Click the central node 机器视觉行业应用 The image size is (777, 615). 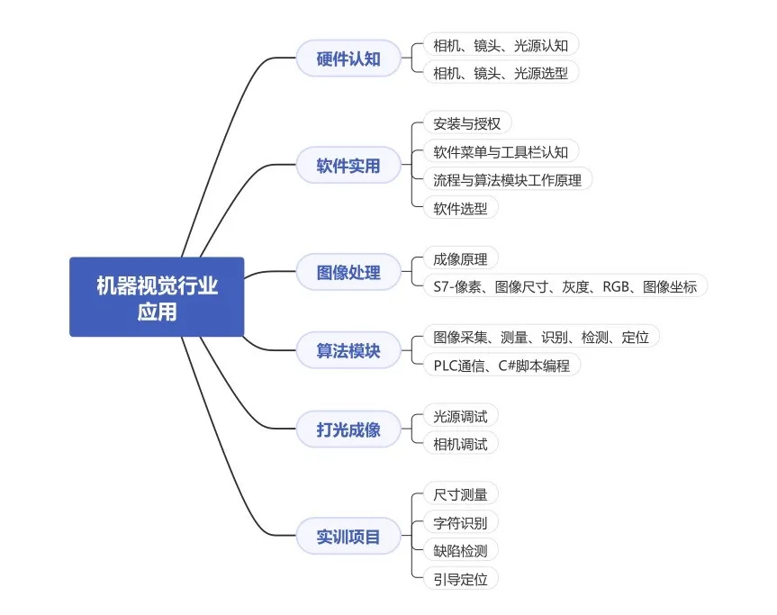tap(157, 297)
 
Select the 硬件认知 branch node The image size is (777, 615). tap(348, 59)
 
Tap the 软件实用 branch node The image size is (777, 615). tap(348, 165)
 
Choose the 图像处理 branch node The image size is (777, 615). tap(348, 272)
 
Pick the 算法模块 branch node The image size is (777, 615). tap(348, 350)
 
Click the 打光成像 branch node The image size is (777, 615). tap(348, 430)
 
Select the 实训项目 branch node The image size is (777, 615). tap(348, 536)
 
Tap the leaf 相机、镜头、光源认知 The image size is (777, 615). tap(501, 45)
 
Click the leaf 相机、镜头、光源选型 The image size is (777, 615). tap(501, 73)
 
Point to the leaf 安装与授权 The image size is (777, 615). tap(467, 123)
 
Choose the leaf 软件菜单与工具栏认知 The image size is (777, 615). tap(501, 151)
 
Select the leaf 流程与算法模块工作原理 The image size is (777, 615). tap(508, 179)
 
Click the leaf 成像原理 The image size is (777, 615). tap(460, 258)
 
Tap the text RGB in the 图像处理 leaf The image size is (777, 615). tap(616, 286)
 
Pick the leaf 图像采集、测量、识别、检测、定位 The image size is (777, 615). tap(541, 337)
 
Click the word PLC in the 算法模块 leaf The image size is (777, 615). tap(446, 366)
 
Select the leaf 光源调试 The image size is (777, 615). tap(460, 416)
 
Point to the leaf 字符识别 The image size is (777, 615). tap(460, 522)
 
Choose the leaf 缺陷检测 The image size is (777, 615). tap(460, 550)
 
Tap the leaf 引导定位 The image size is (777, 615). tap(460, 578)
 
